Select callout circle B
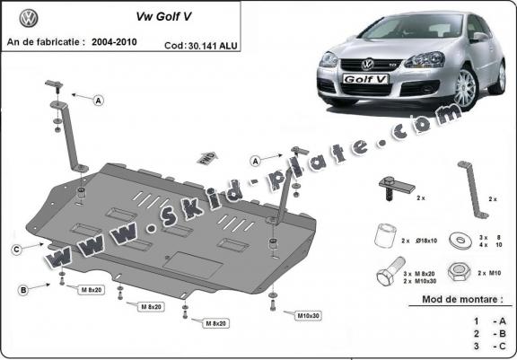coord(20,289)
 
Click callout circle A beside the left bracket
coord(97,100)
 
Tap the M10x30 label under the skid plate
coord(308,315)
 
